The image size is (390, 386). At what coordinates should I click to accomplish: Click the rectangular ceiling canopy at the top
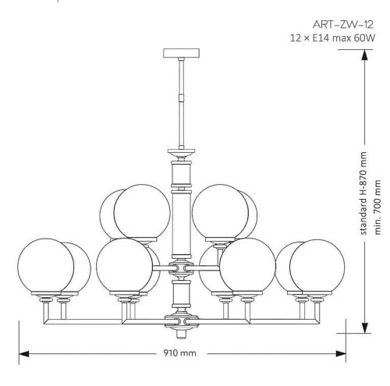[x=179, y=54]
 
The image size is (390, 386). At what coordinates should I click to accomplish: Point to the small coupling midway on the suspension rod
[x=179, y=98]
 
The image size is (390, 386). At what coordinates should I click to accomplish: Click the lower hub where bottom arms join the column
[x=180, y=319]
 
